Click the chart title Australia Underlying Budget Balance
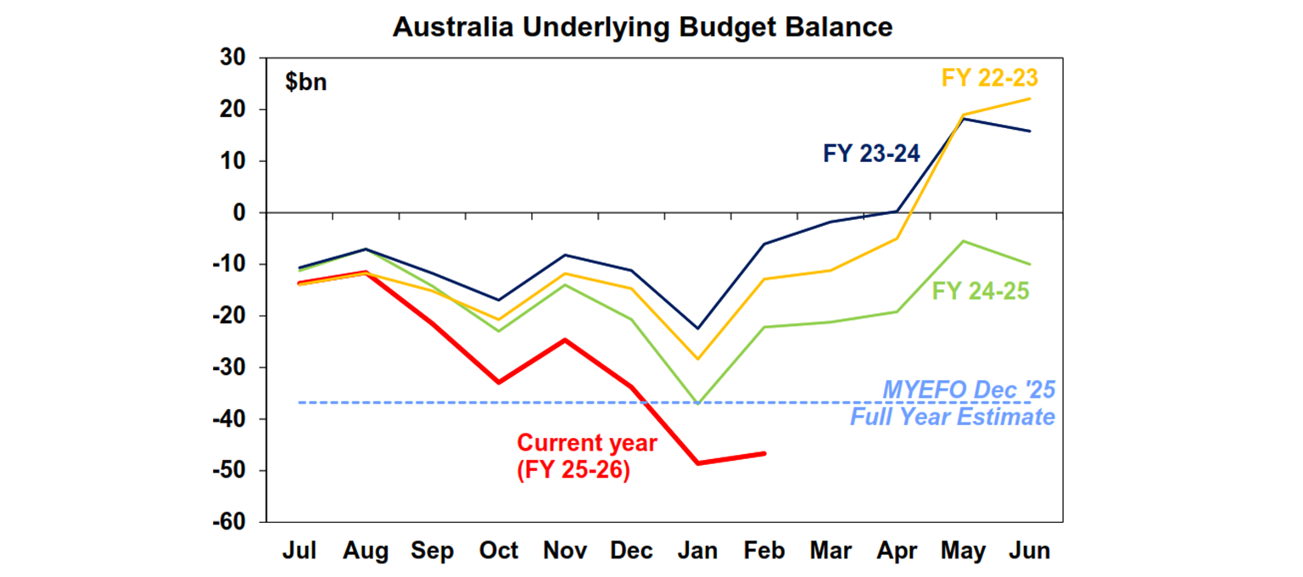(x=642, y=27)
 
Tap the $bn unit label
(x=305, y=82)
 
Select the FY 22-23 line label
(x=990, y=77)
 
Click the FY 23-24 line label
(x=871, y=154)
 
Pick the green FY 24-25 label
(x=981, y=291)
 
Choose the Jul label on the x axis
(x=299, y=551)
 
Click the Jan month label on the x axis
(x=697, y=551)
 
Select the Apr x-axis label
(x=898, y=551)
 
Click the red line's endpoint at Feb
(x=764, y=453)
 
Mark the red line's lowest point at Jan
(x=698, y=463)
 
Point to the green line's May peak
(x=964, y=241)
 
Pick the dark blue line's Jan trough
(x=698, y=328)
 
